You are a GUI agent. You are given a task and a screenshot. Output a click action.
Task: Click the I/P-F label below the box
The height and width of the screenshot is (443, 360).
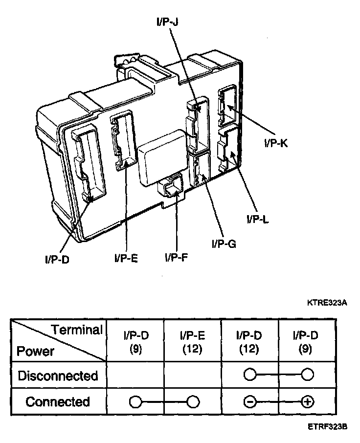click(177, 257)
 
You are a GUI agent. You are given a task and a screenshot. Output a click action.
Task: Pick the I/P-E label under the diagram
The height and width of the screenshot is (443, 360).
click(126, 257)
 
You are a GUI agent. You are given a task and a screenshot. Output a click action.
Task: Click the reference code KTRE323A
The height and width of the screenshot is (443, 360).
click(327, 303)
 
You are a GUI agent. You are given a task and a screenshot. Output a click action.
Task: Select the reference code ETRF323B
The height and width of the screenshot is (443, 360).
click(327, 426)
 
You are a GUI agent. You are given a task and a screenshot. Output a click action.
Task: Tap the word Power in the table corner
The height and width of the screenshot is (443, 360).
click(35, 351)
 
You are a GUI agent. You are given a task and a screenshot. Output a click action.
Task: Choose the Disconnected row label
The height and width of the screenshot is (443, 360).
click(58, 376)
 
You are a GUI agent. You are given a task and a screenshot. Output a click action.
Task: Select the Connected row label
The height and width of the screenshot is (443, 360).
click(58, 402)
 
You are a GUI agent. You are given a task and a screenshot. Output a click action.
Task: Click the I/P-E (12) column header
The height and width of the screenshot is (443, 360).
click(192, 342)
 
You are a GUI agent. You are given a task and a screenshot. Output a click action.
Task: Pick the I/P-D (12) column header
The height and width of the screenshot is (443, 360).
click(249, 342)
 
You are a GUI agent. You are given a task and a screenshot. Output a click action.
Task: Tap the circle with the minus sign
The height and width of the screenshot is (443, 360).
click(249, 402)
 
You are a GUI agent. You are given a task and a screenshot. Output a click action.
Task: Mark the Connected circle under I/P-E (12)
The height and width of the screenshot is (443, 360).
click(193, 402)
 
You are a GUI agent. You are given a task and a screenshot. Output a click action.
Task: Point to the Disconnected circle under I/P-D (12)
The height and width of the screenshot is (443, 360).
click(249, 376)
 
